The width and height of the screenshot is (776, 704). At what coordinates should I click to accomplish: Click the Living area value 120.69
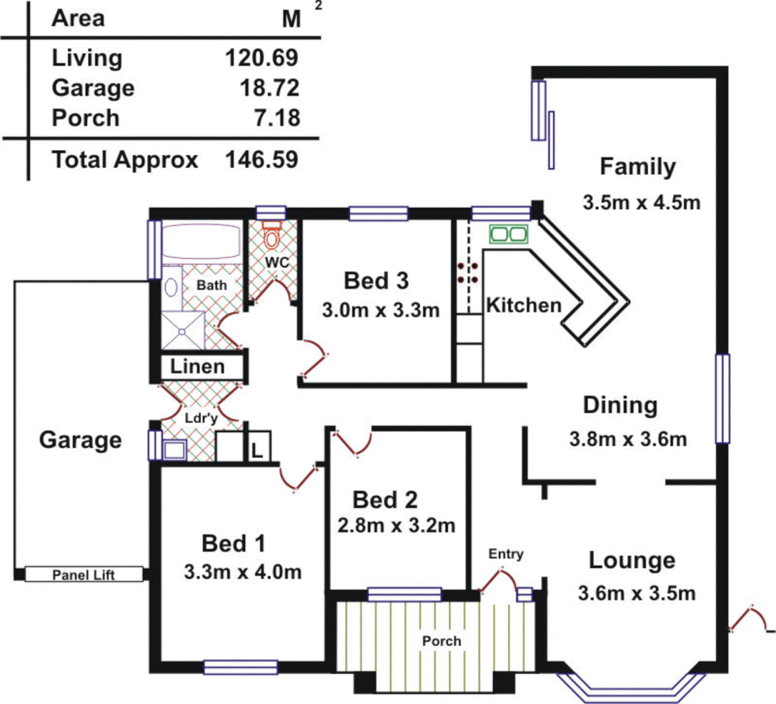tap(261, 58)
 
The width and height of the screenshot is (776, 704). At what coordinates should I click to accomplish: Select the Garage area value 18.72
tap(269, 88)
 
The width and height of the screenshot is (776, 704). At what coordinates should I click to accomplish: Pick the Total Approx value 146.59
tap(261, 160)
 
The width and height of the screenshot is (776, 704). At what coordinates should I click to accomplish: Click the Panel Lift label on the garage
tap(83, 575)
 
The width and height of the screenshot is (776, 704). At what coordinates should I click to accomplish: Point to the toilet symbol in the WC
tap(271, 235)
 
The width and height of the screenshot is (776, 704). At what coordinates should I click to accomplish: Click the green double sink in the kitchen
tap(508, 234)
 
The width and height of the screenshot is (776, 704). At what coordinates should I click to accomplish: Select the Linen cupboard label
tap(197, 367)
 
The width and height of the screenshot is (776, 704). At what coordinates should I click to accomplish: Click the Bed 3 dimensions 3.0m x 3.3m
tap(380, 311)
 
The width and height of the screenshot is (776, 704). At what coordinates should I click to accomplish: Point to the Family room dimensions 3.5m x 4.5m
tap(641, 203)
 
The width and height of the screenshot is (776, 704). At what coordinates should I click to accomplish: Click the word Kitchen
tap(524, 305)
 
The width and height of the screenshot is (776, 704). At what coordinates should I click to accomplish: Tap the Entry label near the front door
tap(505, 554)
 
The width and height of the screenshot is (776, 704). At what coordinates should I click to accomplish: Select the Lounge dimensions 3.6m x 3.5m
tap(636, 594)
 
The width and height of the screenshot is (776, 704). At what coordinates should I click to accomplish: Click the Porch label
tap(441, 641)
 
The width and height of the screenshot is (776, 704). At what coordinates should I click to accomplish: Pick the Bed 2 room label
tap(385, 500)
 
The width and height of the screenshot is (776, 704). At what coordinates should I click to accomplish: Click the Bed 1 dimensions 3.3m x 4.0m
tap(243, 572)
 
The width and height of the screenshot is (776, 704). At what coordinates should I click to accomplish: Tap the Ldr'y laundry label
tap(201, 418)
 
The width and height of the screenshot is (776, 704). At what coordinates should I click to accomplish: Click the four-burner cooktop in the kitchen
tap(468, 273)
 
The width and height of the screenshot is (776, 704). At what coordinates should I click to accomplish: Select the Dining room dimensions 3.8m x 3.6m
tap(627, 439)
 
